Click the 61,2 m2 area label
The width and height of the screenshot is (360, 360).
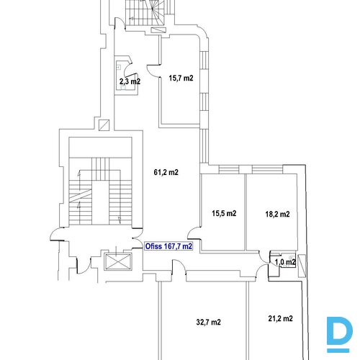tap(166, 172)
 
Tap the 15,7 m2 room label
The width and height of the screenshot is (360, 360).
tap(181, 78)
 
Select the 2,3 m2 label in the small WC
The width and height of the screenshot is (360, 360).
tap(130, 81)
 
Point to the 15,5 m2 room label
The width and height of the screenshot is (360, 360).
tap(224, 213)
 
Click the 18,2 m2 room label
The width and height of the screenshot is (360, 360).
tap(277, 214)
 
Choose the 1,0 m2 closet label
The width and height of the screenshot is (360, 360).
tap(285, 262)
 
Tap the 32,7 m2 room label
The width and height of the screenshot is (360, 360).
tap(208, 322)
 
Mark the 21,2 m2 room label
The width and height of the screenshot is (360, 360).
tap(280, 318)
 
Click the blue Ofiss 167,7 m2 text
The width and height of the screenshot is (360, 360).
tap(168, 246)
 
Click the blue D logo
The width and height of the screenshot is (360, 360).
tap(340, 335)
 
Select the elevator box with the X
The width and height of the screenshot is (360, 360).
tap(118, 261)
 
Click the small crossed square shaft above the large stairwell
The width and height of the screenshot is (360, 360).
tap(104, 125)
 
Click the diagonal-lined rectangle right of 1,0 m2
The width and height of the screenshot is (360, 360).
tap(302, 266)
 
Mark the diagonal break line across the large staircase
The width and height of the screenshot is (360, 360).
tap(81, 195)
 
